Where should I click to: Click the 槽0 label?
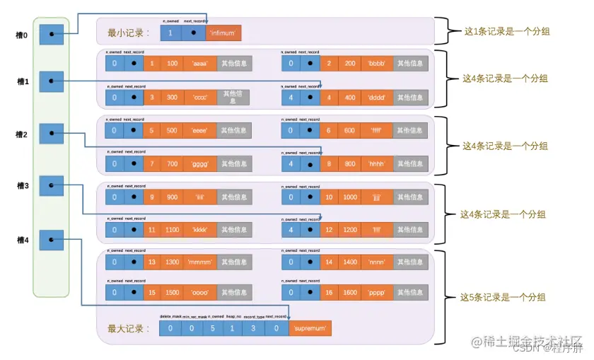click(x=23, y=34)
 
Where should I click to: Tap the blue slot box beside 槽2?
click(x=52, y=134)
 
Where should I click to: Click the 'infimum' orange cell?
click(x=223, y=33)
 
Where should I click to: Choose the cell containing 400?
click(x=349, y=97)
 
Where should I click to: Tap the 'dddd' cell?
click(x=375, y=97)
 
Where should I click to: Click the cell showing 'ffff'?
click(x=375, y=130)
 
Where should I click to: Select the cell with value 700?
click(x=173, y=163)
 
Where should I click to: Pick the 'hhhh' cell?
click(x=375, y=163)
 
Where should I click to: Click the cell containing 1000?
click(x=349, y=197)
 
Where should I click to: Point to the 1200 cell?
click(x=349, y=229)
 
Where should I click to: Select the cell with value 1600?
click(x=349, y=291)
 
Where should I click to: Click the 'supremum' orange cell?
click(x=310, y=328)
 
